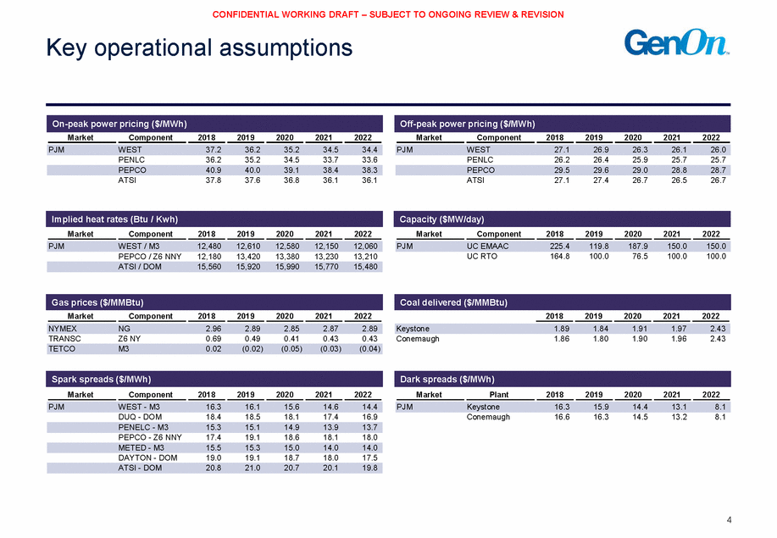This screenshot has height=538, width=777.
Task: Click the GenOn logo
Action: click(x=676, y=42)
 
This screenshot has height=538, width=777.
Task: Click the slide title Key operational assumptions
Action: click(x=199, y=48)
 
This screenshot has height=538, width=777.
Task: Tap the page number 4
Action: click(x=729, y=519)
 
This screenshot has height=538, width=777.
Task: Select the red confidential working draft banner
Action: click(x=388, y=14)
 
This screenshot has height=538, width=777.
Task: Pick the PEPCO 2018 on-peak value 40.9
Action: click(x=214, y=170)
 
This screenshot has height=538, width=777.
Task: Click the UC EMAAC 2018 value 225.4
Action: click(x=560, y=247)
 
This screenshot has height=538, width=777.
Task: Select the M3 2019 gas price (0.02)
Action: click(x=253, y=349)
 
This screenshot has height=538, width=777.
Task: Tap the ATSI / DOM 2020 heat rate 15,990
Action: click(x=287, y=267)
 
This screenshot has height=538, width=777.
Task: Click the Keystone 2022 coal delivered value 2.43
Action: click(x=718, y=329)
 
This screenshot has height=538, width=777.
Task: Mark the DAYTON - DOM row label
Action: click(x=147, y=458)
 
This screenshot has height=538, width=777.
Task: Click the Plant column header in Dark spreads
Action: click(x=499, y=395)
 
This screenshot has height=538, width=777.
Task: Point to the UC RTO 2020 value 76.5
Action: click(x=640, y=256)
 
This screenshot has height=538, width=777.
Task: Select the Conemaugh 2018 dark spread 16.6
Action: click(x=562, y=417)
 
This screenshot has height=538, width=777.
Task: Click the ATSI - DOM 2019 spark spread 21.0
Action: click(x=253, y=468)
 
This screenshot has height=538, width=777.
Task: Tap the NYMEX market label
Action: click(x=63, y=329)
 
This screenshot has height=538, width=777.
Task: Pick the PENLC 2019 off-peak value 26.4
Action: click(x=601, y=159)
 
